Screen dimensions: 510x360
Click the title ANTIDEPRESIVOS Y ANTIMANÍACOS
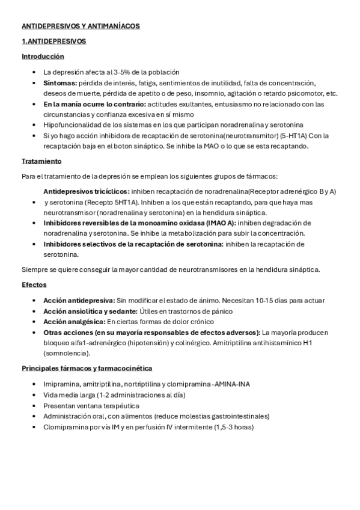click(x=81, y=26)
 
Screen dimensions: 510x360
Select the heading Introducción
click(x=43, y=56)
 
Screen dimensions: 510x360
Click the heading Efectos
click(x=34, y=284)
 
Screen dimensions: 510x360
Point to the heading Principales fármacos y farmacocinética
click(x=87, y=367)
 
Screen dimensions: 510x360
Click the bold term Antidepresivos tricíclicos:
click(x=86, y=191)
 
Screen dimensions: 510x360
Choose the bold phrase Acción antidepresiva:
click(x=79, y=300)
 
